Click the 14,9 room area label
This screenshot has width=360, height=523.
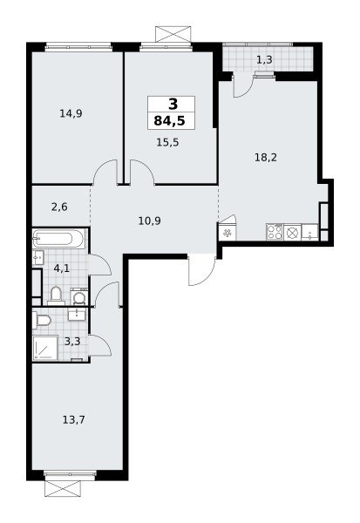pos(71,113)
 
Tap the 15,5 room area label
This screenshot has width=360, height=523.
pos(167,142)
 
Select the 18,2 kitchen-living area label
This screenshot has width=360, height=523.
pos(266,157)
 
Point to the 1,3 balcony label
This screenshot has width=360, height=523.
pos(265,59)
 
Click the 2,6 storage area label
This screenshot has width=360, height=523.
pos(59,207)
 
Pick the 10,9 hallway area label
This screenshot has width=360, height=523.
pos(149,221)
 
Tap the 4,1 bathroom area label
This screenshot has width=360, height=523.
pos(61,268)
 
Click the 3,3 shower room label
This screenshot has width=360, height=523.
pos(72,341)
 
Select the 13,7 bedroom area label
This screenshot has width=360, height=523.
pos(74,419)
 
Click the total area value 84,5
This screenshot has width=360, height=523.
pos(169,121)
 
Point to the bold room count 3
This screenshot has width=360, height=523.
pos(173,105)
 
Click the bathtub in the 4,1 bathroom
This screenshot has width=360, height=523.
pos(58,239)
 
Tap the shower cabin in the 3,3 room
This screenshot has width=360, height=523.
pos(45,348)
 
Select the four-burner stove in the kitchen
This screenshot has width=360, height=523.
pos(275,232)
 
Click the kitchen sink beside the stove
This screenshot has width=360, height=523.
pos(310,232)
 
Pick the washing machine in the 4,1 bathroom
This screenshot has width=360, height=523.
pos(79,296)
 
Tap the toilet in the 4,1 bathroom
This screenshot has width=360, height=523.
pos(56,295)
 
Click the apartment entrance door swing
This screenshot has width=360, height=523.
pos(201,269)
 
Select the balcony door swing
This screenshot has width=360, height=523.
pos(243,85)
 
